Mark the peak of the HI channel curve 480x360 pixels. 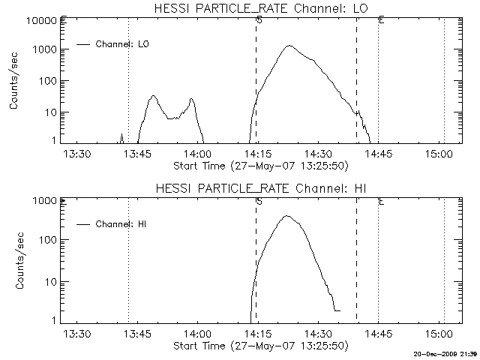click(286, 216)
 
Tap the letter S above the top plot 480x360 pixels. click(259, 20)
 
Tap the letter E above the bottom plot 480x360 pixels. click(382, 201)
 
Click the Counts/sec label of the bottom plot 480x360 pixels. click(15, 260)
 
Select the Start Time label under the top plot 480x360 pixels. click(259, 165)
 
